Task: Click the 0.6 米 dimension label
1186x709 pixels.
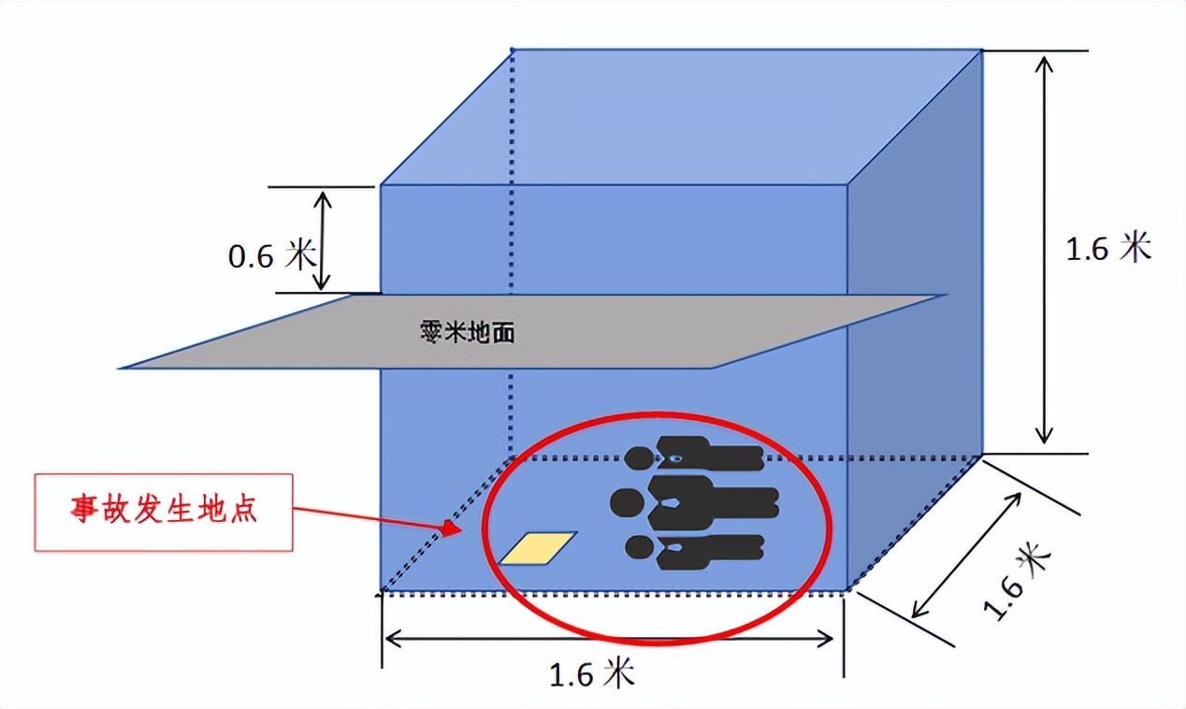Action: tap(271, 256)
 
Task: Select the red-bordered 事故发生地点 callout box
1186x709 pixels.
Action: tap(164, 512)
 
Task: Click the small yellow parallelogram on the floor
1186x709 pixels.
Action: tap(538, 548)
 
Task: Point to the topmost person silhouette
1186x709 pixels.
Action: tap(696, 456)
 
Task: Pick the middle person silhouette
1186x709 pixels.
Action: tap(696, 501)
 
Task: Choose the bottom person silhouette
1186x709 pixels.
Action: tap(696, 552)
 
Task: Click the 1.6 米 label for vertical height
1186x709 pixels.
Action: tap(1107, 249)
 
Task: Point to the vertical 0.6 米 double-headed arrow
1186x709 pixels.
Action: tap(324, 239)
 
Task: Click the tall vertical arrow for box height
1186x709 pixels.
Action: tap(1045, 247)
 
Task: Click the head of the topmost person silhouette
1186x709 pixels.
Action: tap(640, 457)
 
